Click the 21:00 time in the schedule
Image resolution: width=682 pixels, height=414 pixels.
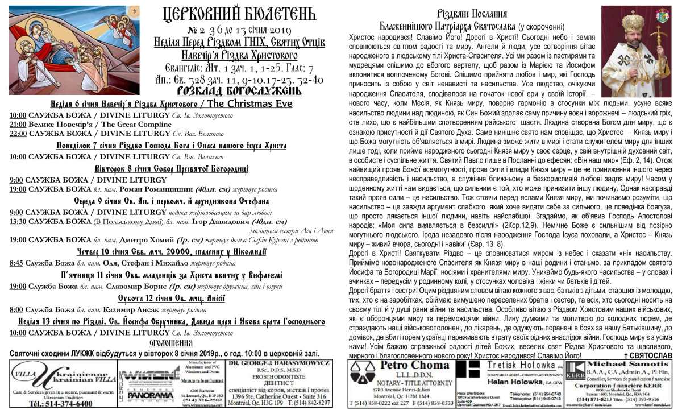point(18,124)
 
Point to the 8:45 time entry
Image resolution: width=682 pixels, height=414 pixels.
point(16,263)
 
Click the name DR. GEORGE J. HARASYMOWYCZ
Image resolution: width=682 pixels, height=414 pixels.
point(278,362)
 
